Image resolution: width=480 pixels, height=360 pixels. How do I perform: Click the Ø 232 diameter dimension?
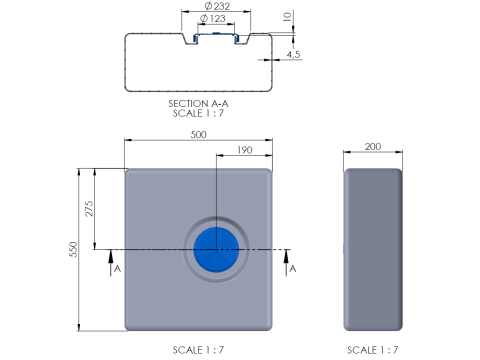pyautogui.click(x=217, y=6)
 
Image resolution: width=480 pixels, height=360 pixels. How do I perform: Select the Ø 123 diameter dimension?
pyautogui.click(x=213, y=18)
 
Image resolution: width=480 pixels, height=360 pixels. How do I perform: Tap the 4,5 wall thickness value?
pyautogui.click(x=293, y=54)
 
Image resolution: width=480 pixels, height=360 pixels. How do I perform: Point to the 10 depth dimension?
pyautogui.click(x=287, y=16)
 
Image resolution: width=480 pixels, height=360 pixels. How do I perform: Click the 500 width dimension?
pyautogui.click(x=198, y=134)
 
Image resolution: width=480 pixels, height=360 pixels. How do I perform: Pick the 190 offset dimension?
pyautogui.click(x=245, y=150)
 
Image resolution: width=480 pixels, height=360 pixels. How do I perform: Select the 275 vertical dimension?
pyautogui.click(x=89, y=209)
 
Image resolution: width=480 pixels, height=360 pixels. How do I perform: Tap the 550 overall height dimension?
pyautogui.click(x=73, y=249)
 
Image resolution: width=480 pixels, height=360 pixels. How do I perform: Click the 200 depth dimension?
pyautogui.click(x=373, y=147)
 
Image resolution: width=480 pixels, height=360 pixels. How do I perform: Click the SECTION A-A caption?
pyautogui.click(x=198, y=104)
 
